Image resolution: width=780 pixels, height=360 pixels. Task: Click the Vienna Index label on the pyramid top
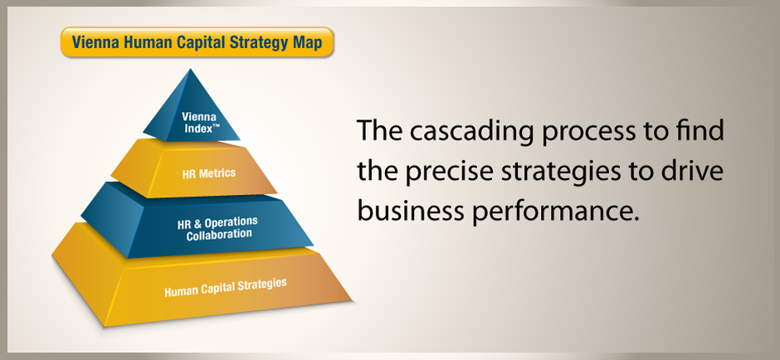pyautogui.click(x=199, y=122)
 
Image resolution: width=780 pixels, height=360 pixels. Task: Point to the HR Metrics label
pyautogui.click(x=209, y=173)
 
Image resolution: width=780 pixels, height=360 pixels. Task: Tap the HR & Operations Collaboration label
pyautogui.click(x=218, y=228)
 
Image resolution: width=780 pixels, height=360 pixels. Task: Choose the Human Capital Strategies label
pyautogui.click(x=226, y=287)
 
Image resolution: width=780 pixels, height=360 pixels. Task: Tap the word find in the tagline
pyautogui.click(x=700, y=130)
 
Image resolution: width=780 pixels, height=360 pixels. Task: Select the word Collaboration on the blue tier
pyautogui.click(x=219, y=235)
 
